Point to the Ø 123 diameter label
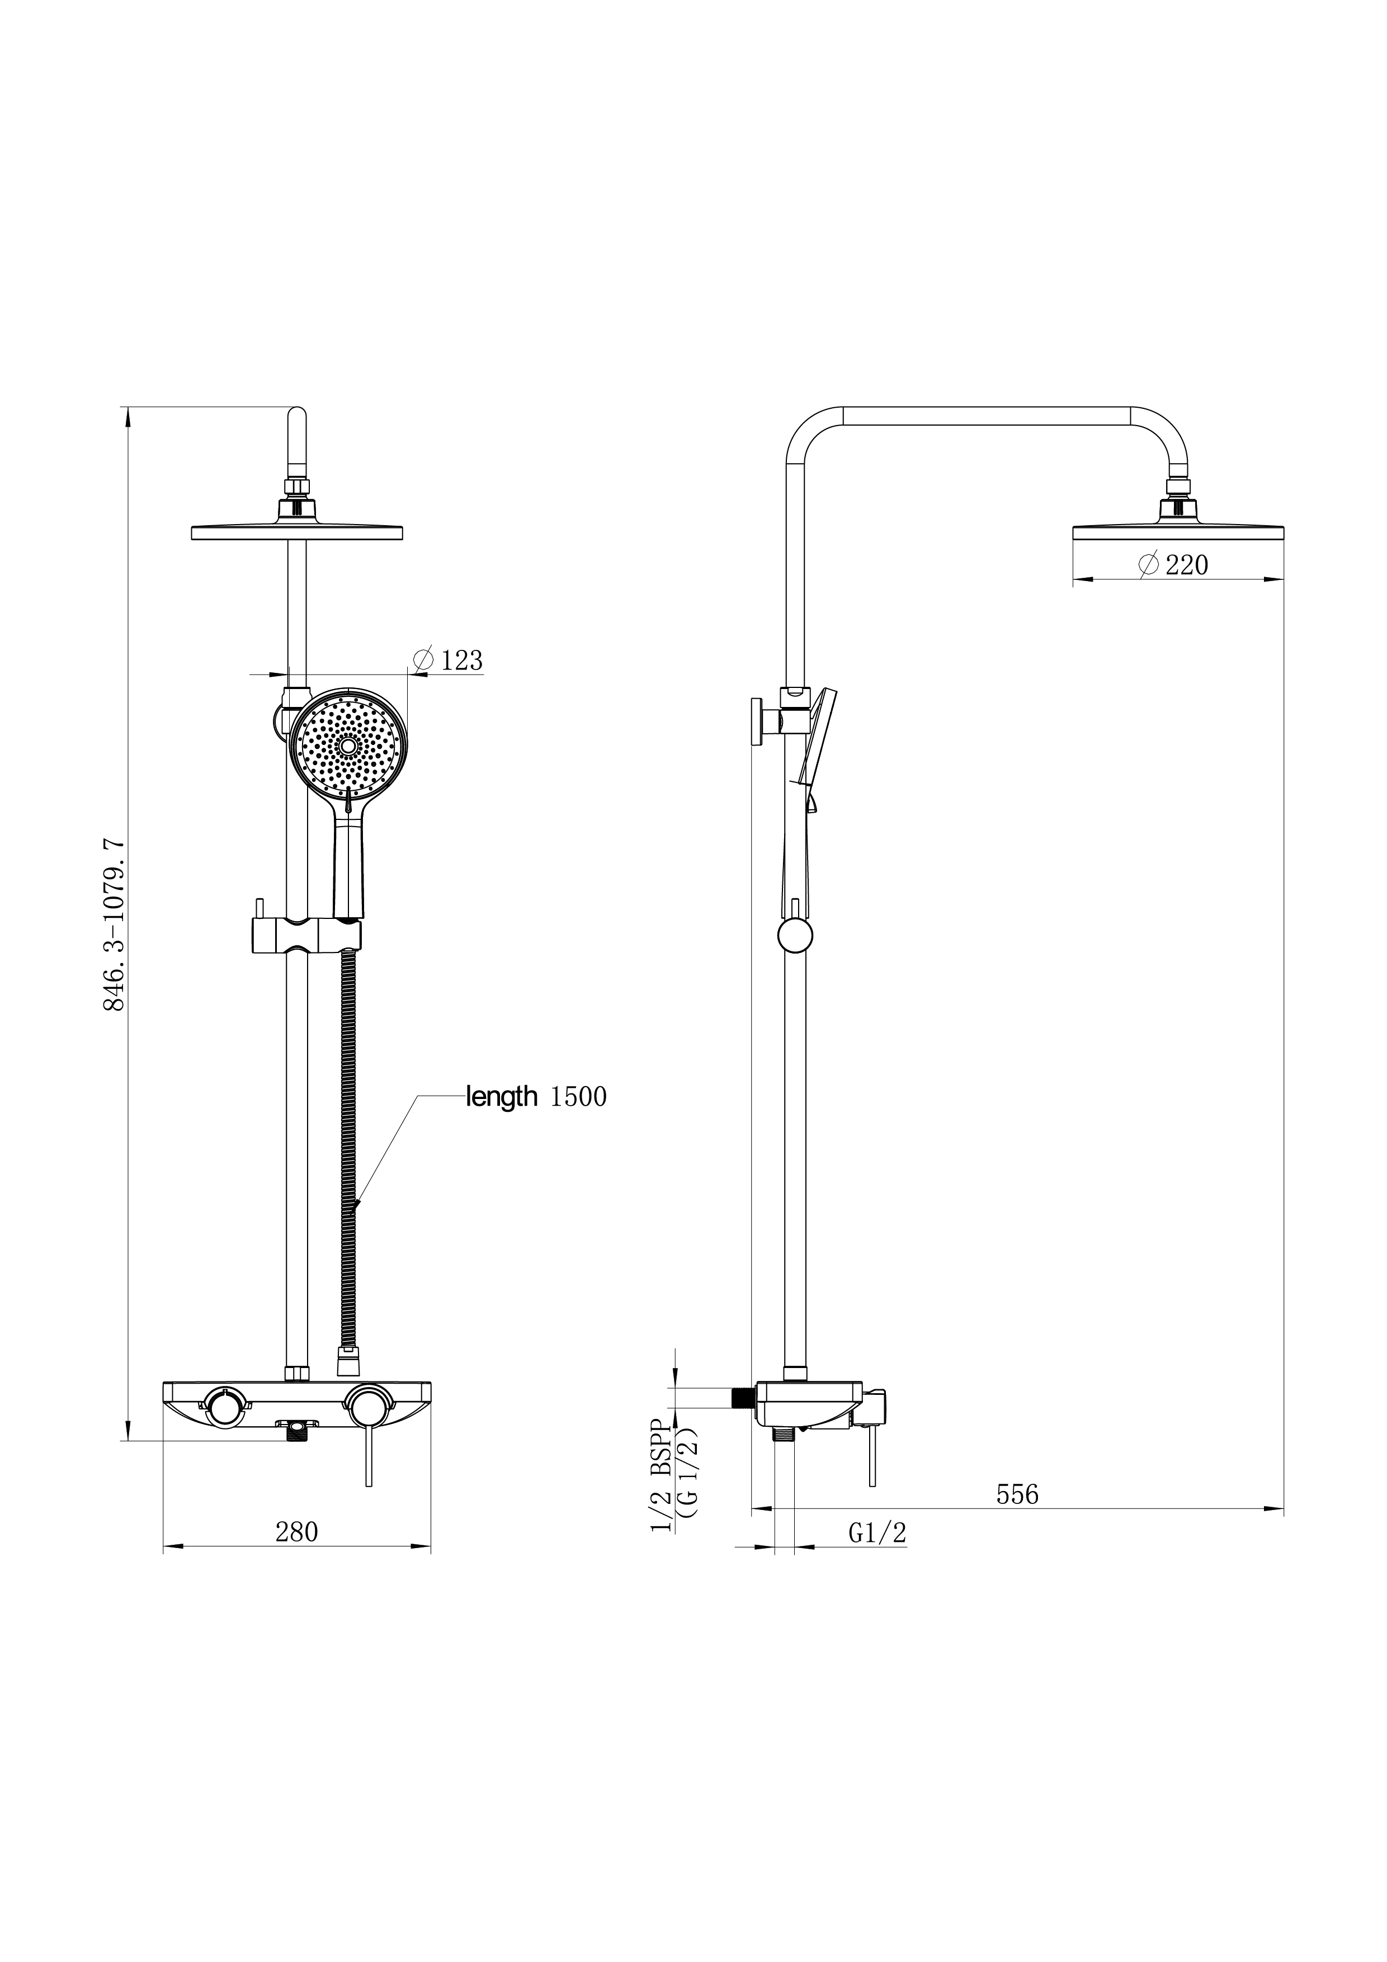click(x=448, y=660)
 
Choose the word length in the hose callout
click(x=502, y=1096)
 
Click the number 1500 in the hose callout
click(x=578, y=1096)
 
